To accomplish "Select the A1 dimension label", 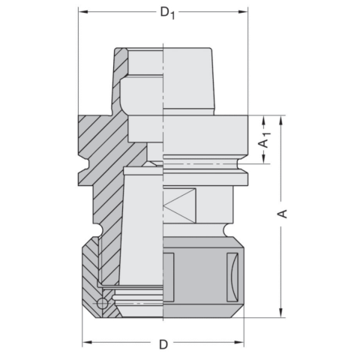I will point(264,139).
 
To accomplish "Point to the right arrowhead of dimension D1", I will point(244,13).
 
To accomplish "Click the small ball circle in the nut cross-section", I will point(103,304).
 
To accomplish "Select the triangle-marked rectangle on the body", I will point(179,205).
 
